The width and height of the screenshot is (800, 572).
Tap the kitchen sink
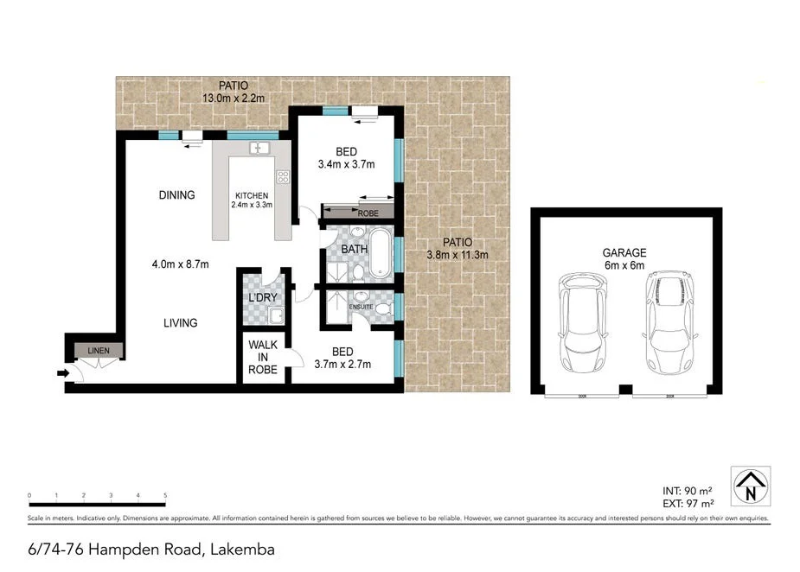click(258, 149)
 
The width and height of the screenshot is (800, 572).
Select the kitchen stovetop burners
click(282, 177)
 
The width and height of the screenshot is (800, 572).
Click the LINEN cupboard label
click(98, 350)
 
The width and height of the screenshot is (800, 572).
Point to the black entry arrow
click(62, 373)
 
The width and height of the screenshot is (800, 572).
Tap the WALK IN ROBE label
click(263, 356)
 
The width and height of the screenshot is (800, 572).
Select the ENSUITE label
click(361, 307)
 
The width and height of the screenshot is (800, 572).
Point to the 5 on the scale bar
click(164, 496)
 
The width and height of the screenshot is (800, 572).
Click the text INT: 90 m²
click(689, 490)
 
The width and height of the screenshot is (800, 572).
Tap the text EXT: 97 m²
click(689, 503)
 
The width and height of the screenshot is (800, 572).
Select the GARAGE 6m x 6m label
click(624, 259)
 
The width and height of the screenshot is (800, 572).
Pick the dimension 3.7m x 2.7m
click(343, 364)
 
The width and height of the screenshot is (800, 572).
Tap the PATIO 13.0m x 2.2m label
click(233, 92)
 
